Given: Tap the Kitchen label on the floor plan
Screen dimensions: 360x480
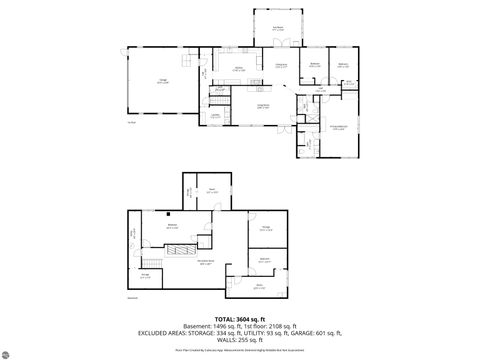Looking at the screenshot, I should pos(239,69).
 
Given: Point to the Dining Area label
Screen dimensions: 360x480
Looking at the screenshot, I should pos(281,69).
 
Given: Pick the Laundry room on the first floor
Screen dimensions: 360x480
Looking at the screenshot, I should pos(215,115).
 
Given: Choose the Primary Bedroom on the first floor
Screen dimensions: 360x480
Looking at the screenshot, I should pos(339,127).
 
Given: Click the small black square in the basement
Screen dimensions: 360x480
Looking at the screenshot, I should pos(169,215).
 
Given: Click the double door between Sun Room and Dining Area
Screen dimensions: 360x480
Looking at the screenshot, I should pos(281,44).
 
